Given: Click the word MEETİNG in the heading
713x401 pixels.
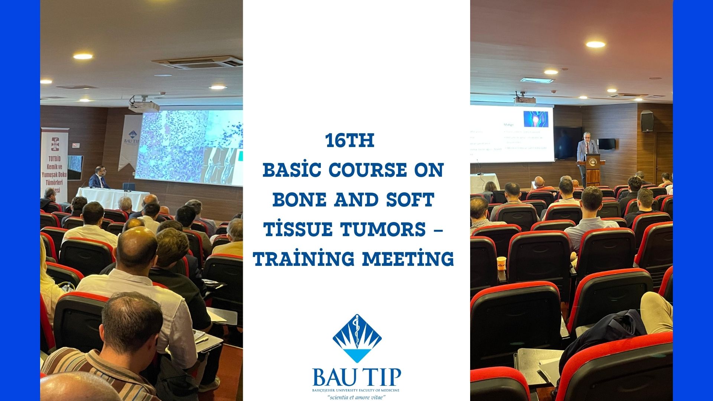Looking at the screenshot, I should (x=408, y=259).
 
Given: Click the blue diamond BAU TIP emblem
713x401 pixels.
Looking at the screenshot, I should (x=357, y=338).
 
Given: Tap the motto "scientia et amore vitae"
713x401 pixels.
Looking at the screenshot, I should (x=356, y=397).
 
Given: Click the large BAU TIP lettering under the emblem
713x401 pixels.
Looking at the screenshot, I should (x=356, y=378).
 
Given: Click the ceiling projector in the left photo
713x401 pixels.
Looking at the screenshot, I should (x=144, y=105).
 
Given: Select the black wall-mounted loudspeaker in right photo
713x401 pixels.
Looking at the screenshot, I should (x=647, y=121).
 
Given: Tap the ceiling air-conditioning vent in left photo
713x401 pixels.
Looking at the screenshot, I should (x=199, y=62).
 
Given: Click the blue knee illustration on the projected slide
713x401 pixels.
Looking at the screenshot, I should (x=535, y=119).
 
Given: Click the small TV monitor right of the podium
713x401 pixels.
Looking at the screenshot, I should (x=606, y=144).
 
